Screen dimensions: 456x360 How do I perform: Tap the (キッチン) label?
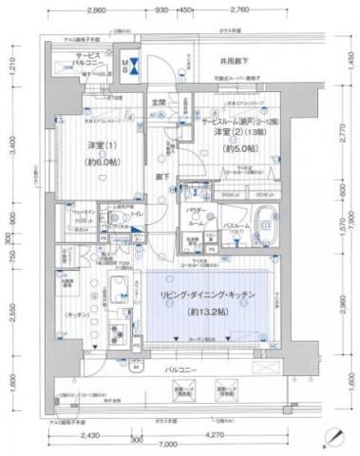point(77,312)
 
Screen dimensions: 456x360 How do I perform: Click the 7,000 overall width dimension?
point(167,446)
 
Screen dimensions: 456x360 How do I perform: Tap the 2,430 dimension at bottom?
point(90,435)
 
